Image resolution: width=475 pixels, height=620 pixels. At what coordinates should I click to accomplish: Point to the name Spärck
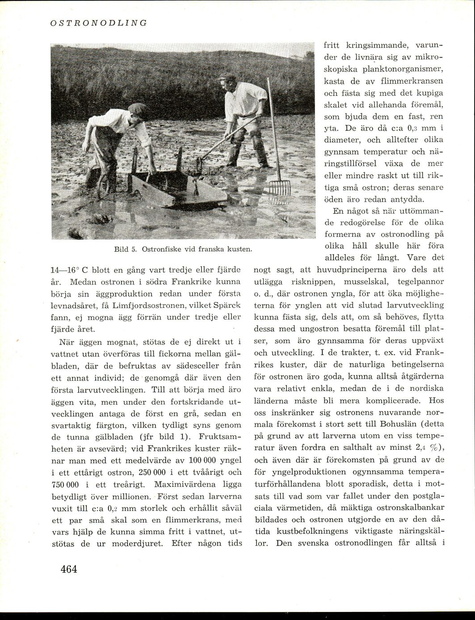click(x=228, y=306)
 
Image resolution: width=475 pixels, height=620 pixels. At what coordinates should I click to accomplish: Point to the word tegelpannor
click(x=422, y=282)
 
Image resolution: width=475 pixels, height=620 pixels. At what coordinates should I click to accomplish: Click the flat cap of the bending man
click(x=138, y=108)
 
